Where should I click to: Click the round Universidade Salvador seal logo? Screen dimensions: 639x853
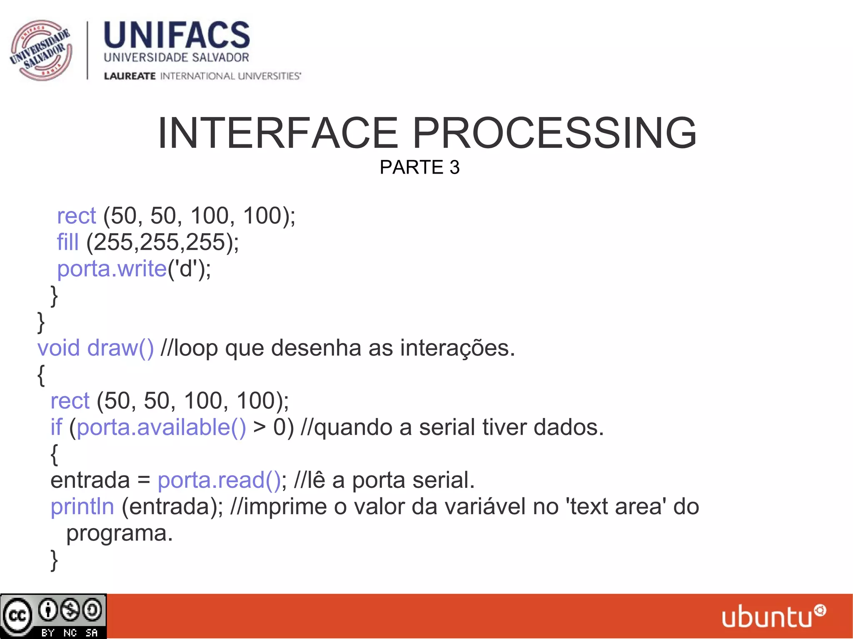tap(41, 50)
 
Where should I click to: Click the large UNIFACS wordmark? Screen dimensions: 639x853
tap(177, 35)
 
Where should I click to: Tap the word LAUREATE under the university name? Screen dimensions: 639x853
tap(130, 76)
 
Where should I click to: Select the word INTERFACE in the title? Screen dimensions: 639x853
tap(278, 133)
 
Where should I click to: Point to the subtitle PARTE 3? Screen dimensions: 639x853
tap(419, 167)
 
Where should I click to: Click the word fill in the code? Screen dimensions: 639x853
tap(67, 242)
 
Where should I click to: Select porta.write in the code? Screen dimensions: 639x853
tap(112, 269)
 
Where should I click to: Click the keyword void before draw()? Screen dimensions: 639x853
tap(58, 348)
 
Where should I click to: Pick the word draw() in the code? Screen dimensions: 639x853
tap(120, 348)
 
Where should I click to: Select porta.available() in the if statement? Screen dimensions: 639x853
tap(162, 428)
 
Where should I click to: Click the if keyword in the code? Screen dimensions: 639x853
tap(56, 428)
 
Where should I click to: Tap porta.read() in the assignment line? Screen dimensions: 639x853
tap(219, 480)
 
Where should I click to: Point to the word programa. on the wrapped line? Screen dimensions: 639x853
tap(120, 533)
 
